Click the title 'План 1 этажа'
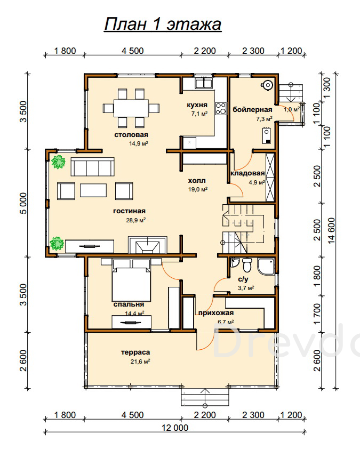(163, 24)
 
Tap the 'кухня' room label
(197, 105)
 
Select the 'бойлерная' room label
(252, 109)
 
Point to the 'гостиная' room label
(129, 211)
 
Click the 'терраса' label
(135, 352)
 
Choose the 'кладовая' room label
(247, 173)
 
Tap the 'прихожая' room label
(216, 313)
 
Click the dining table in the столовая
(131, 108)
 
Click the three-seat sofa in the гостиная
(92, 167)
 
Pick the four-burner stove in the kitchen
(221, 108)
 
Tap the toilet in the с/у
(247, 264)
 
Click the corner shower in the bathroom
(266, 266)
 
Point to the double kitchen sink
(204, 84)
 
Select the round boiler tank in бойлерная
(267, 85)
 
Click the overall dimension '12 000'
(175, 428)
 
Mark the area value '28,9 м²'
(136, 220)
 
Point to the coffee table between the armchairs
(93, 190)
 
